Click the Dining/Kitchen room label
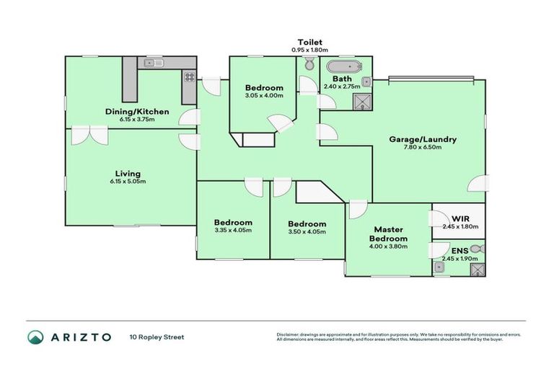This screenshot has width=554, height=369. click(137, 111)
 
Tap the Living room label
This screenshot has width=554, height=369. click(128, 173)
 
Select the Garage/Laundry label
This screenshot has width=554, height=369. click(422, 139)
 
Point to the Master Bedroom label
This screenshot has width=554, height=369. click(388, 234)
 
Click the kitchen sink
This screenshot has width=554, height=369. click(154, 63)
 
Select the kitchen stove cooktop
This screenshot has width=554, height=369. click(189, 76)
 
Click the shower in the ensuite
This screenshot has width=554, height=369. click(477, 270)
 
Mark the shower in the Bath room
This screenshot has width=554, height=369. click(362, 102)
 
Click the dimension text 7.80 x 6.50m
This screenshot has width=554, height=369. click(422, 148)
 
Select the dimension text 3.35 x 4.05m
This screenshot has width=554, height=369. click(233, 231)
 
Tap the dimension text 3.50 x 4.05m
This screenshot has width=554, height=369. click(307, 231)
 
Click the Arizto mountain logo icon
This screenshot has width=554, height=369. click(35, 337)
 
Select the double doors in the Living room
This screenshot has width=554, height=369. click(85, 135)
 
